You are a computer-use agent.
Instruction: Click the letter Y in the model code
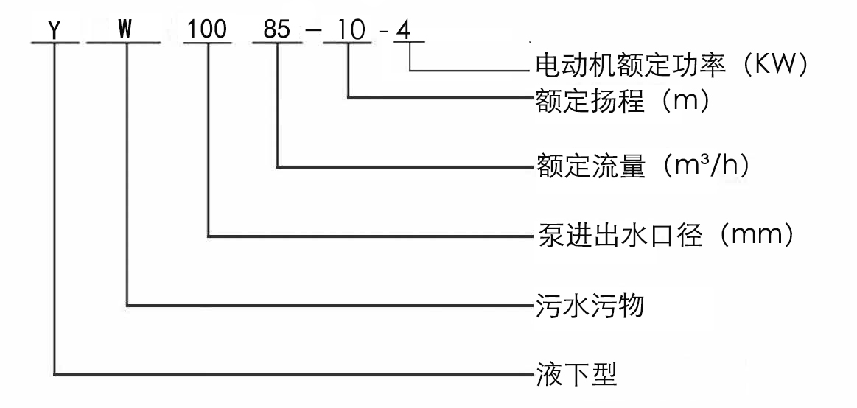[54, 30]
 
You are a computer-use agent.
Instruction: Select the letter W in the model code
[126, 29]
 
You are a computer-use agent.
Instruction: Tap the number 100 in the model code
[206, 29]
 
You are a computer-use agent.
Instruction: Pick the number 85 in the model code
[276, 29]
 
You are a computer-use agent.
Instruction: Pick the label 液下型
[577, 376]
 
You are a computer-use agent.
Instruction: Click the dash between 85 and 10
[314, 31]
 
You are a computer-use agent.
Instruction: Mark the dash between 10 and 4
[383, 32]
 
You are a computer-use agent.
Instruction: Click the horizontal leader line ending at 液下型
[293, 375]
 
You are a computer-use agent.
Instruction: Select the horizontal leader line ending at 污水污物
[329, 305]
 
